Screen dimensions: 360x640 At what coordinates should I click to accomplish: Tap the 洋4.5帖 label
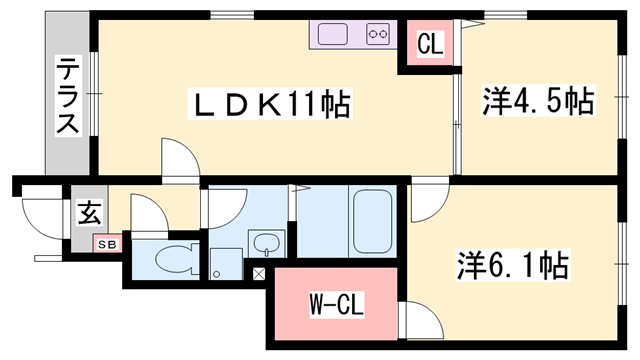tap(538, 101)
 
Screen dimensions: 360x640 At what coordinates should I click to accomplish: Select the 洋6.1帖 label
tap(513, 265)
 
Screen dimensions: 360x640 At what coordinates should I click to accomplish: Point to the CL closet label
tap(429, 45)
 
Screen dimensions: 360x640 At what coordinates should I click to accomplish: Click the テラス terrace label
tap(67, 96)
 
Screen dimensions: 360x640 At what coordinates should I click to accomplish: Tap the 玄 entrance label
tap(89, 212)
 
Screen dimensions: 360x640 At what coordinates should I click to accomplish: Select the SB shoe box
tap(105, 243)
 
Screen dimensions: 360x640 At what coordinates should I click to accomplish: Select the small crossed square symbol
tap(259, 273)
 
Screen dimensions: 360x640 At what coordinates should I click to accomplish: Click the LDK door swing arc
tap(181, 157)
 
